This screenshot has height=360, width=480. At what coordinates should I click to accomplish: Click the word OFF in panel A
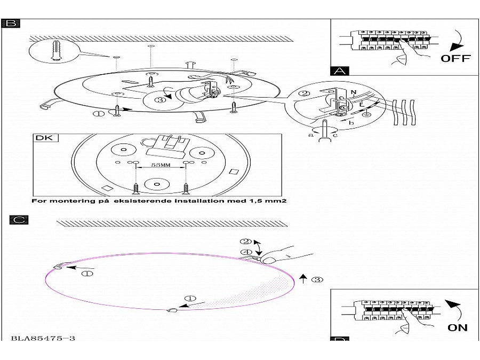(455, 59)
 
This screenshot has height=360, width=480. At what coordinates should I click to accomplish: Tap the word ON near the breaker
(458, 328)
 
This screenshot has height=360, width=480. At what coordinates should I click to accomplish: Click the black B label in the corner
(11, 23)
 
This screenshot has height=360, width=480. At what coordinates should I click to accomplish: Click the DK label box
(45, 138)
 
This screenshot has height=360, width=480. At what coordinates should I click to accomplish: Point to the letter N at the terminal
(353, 93)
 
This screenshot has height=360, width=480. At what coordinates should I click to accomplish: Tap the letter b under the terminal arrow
(350, 123)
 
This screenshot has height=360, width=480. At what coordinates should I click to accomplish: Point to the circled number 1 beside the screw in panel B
(99, 113)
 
